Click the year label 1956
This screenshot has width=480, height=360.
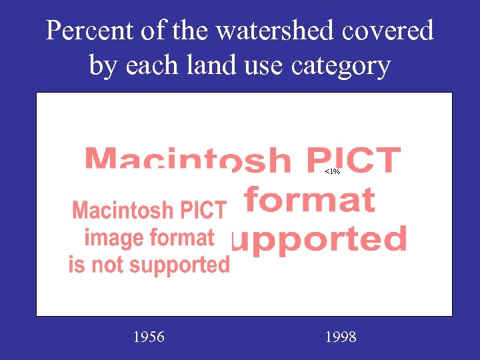click(149, 337)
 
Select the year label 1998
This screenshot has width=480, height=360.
click(341, 337)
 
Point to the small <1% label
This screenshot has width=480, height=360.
click(333, 172)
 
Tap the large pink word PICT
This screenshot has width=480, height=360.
click(353, 160)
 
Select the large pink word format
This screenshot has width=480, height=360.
click(309, 199)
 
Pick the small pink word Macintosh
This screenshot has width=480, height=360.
click(118, 211)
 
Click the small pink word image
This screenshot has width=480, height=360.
click(113, 238)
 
